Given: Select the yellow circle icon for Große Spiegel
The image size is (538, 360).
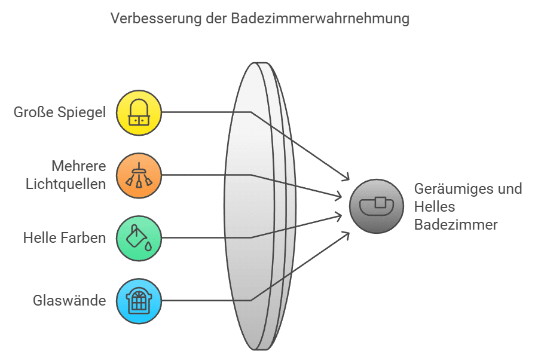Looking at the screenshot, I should (139, 112).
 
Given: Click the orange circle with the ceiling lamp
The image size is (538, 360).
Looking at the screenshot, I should (139, 175).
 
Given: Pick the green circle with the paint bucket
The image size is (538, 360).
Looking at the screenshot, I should (139, 238).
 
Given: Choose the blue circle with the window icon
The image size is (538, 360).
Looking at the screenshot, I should (139, 301).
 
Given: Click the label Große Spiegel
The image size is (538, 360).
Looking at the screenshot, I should (60, 112).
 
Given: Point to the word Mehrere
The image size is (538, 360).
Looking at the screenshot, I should (78, 166).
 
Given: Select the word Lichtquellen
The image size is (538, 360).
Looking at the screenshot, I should (66, 183).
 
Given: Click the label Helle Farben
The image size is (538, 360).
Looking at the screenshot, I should (65, 238).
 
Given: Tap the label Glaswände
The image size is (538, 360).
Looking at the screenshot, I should (69, 301).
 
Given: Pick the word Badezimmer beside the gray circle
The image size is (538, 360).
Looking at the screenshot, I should (456, 225).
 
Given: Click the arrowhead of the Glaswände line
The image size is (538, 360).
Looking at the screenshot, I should (347, 234).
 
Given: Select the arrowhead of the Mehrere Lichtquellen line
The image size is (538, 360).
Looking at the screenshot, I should (338, 196).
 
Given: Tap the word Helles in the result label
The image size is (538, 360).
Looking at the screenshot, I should (435, 207).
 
